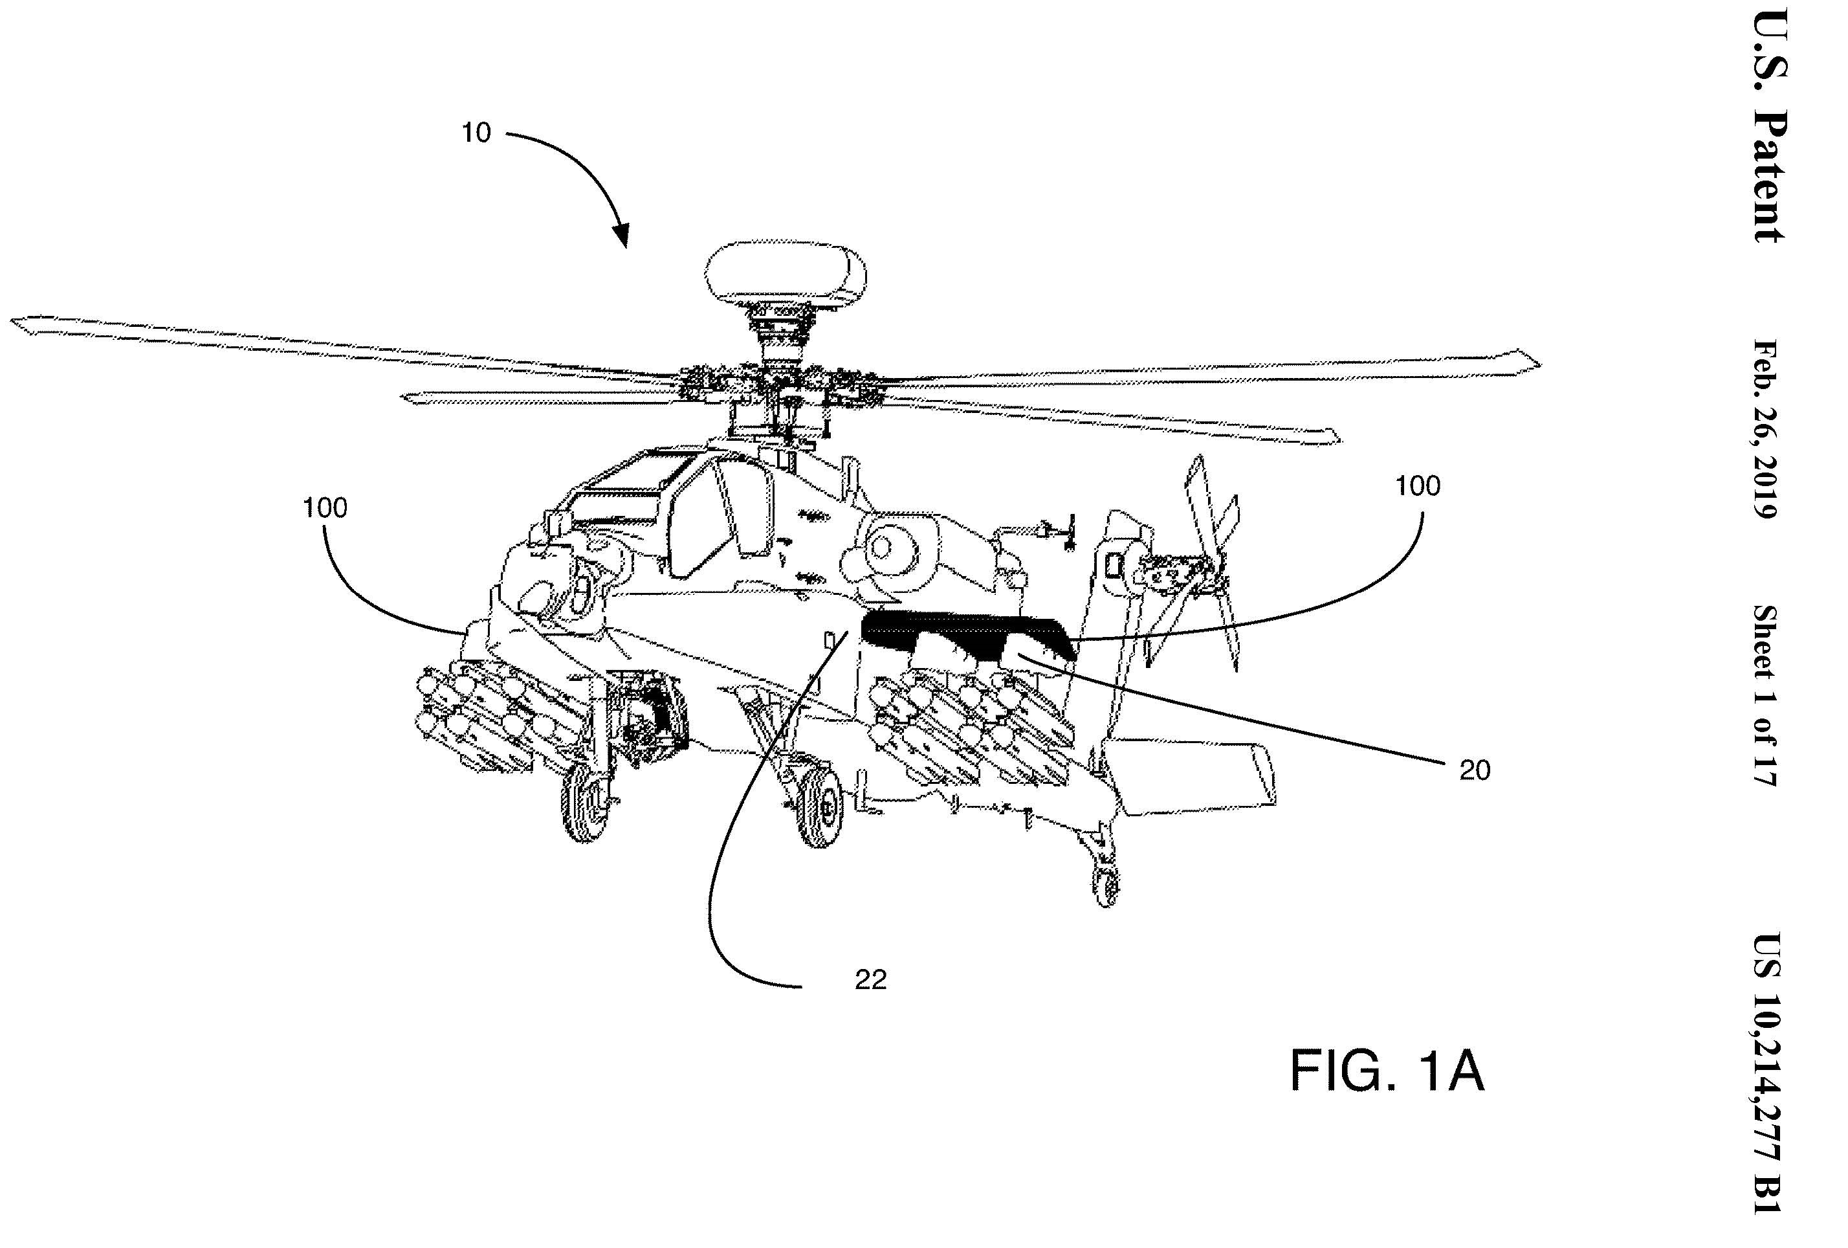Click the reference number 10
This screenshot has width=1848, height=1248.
pyautogui.click(x=476, y=133)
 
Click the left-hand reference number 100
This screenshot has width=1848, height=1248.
pyautogui.click(x=325, y=507)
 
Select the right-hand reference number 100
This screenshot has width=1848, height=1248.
pyautogui.click(x=1418, y=485)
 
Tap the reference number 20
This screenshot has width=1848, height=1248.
pyautogui.click(x=1475, y=770)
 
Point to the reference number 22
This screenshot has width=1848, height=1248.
pyautogui.click(x=871, y=980)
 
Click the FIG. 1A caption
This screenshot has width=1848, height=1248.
pyautogui.click(x=1387, y=1071)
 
